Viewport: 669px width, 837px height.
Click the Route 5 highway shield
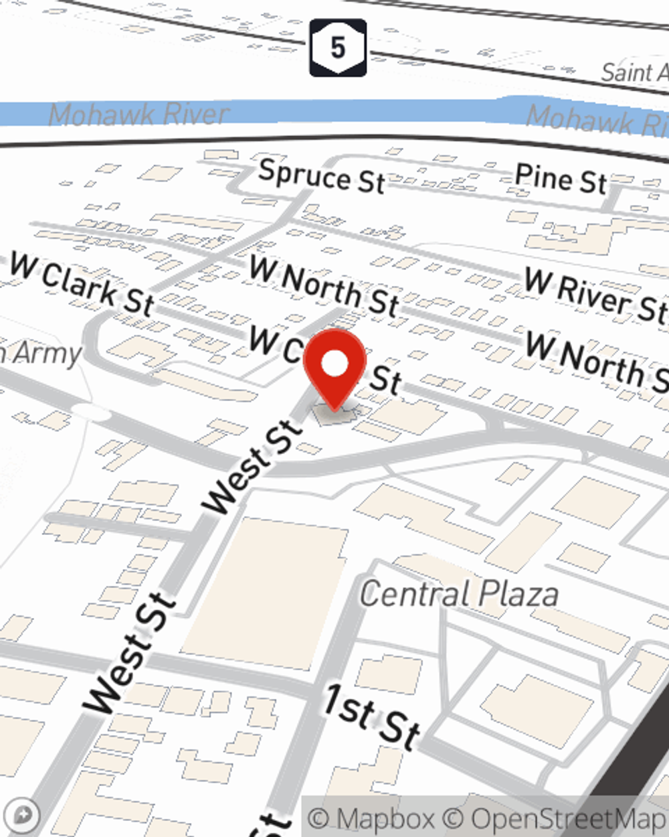click(x=338, y=48)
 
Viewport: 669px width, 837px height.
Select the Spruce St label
click(x=322, y=177)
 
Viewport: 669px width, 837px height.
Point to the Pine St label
click(x=561, y=179)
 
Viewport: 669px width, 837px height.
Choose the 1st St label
click(x=372, y=716)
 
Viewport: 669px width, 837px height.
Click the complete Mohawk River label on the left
click(x=139, y=115)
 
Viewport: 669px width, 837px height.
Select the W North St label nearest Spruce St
click(x=324, y=287)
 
